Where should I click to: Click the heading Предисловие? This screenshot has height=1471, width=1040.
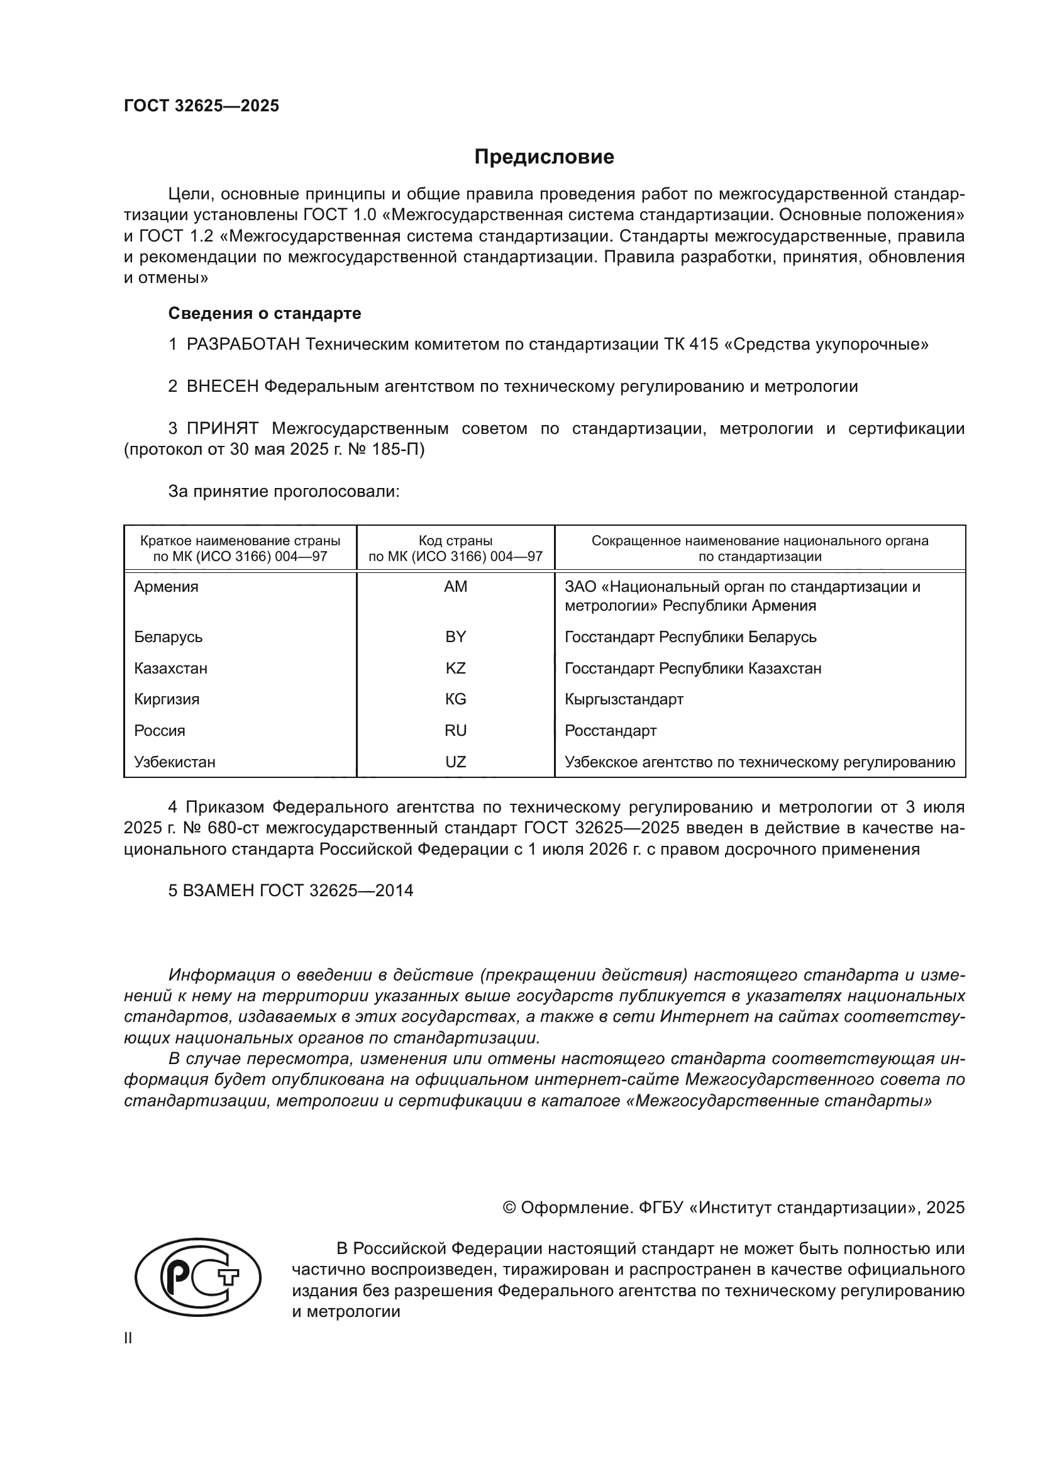click(544, 157)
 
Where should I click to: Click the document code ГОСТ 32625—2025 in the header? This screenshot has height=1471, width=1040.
click(202, 106)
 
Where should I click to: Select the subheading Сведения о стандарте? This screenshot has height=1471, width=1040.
click(265, 313)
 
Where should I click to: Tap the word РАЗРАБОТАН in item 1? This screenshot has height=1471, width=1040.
click(243, 345)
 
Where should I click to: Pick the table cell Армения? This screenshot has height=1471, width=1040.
click(167, 587)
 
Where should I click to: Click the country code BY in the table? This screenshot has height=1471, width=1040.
click(455, 637)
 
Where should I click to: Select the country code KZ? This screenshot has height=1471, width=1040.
click(455, 669)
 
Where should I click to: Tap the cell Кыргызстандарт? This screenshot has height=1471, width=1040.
click(624, 699)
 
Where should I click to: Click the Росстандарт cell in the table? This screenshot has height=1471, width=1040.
click(611, 730)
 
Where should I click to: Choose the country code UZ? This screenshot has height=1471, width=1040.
click(455, 762)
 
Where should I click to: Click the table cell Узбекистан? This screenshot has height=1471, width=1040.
click(175, 762)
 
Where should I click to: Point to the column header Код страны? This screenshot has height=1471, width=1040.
click(455, 541)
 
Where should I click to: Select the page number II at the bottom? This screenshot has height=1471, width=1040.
click(128, 1338)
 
